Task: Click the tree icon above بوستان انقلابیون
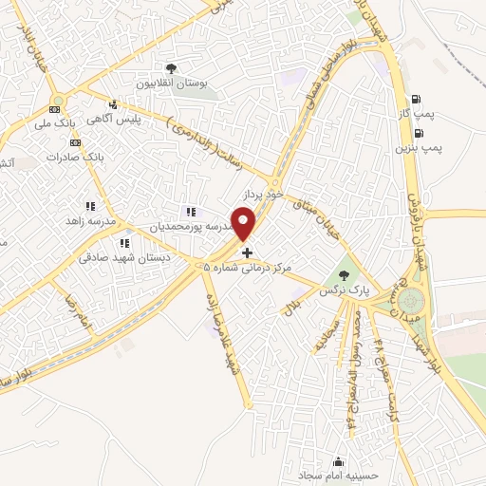[172, 68]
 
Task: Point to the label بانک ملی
[53, 123]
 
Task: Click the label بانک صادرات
[79, 156]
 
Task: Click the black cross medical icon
[248, 252]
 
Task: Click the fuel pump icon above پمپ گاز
[417, 100]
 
